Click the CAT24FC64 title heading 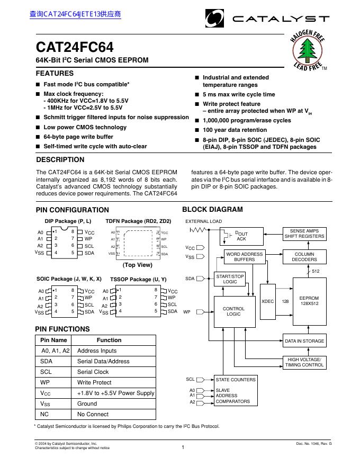(75, 47)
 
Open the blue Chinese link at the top (75, 14)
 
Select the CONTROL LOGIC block (233, 311)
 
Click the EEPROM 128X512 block (309, 301)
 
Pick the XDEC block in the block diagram (267, 301)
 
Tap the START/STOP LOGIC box (230, 279)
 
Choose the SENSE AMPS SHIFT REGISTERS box (304, 234)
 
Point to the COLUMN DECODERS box (304, 257)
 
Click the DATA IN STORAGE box (304, 341)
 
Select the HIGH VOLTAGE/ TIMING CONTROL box (304, 362)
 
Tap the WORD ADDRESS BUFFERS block (244, 257)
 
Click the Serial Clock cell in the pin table (93, 372)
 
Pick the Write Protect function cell (94, 382)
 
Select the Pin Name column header (54, 340)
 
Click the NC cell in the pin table (44, 414)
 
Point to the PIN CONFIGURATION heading (72, 210)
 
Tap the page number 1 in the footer (182, 447)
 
